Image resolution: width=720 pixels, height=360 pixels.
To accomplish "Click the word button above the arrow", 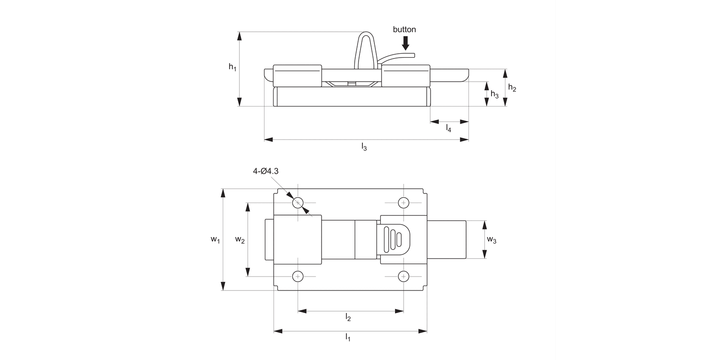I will (404, 30).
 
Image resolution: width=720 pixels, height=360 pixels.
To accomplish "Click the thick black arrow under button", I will (406, 43).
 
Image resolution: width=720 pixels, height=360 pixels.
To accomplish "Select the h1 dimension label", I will (232, 67).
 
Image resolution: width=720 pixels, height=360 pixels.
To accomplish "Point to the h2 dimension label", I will (513, 88).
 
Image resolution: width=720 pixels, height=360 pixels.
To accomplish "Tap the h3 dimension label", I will (494, 95).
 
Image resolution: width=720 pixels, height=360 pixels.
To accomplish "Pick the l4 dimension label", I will (449, 128).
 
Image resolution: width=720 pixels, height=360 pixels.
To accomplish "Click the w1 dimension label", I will (215, 240).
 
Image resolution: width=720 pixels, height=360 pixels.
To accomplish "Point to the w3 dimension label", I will (492, 240).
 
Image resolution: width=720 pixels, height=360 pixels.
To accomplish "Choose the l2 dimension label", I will (348, 317).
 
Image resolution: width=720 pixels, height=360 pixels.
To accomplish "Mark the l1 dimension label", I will (348, 337).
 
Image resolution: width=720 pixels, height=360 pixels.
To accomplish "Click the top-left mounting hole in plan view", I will (298, 203).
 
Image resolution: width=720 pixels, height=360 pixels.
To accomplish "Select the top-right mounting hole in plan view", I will (403, 203).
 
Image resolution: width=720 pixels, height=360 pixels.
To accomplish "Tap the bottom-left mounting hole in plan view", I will (298, 276).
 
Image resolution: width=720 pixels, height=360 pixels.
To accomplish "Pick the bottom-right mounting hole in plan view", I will (403, 276).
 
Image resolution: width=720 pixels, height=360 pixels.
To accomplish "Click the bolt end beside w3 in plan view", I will (446, 239).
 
